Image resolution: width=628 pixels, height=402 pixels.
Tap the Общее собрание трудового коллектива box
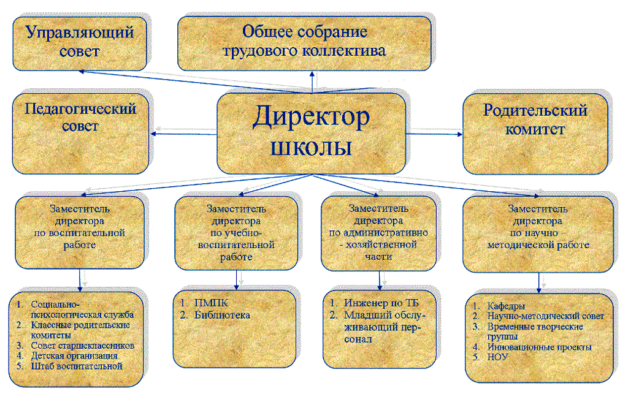313,42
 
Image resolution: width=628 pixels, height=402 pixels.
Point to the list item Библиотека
221,315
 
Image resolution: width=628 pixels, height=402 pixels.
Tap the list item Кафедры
507,306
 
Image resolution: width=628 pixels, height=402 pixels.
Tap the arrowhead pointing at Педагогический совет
155,134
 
